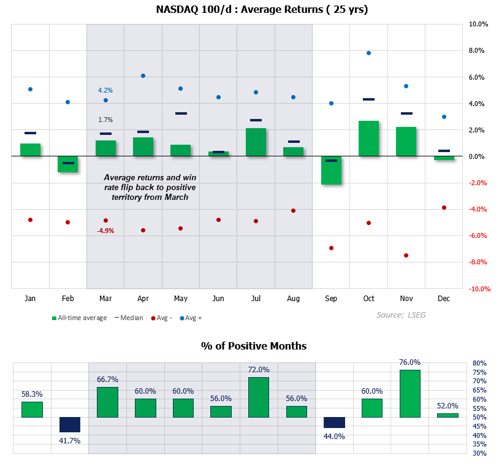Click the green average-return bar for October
pos(368,139)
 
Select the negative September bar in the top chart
pos(331,170)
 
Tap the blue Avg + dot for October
pos(368,53)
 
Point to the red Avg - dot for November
pos(406,255)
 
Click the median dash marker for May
pos(181,113)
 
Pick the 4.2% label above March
pos(105,90)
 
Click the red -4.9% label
pos(105,231)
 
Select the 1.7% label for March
pos(105,120)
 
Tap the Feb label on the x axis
pos(68,299)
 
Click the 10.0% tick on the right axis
pos(478,25)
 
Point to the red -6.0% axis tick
pos(478,236)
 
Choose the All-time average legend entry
pos(79,318)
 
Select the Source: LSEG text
pos(401,315)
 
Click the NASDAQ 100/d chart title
pos(254,9)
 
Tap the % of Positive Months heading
pos(254,346)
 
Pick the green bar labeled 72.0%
pos(259,397)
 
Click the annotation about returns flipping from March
pos(150,187)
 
